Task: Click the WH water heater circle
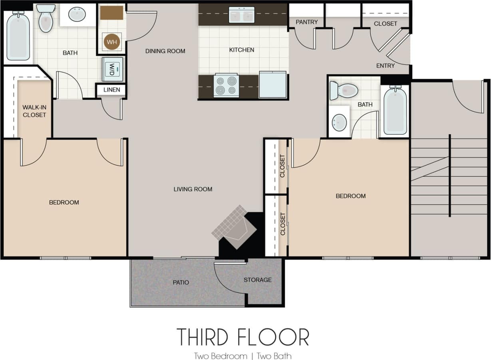tap(111, 42)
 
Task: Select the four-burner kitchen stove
tap(226, 86)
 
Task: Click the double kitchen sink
tap(241, 15)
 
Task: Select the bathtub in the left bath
tap(18, 36)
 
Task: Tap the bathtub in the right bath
tap(395, 110)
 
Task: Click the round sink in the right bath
tap(339, 122)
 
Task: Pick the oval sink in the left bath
tap(77, 15)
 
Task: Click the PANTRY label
tap(306, 22)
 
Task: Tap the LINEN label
tap(111, 90)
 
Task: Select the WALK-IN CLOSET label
tap(34, 111)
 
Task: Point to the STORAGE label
tap(257, 280)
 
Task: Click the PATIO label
tap(181, 282)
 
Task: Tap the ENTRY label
tap(385, 66)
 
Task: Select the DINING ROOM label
tap(165, 51)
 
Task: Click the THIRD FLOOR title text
tap(243, 337)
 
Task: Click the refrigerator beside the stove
tap(272, 84)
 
